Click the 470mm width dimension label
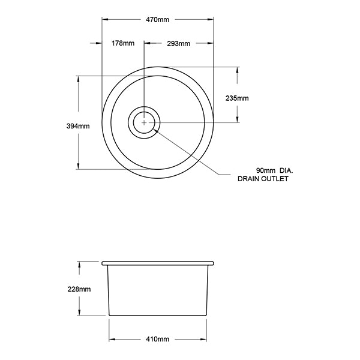point(158,20)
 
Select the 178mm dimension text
point(123,43)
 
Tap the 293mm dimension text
point(179,43)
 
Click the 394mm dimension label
point(79,126)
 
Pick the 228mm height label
point(79,289)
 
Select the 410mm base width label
point(158,340)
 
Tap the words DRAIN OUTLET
point(263,179)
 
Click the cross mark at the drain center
point(144,122)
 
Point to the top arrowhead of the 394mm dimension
point(79,79)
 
